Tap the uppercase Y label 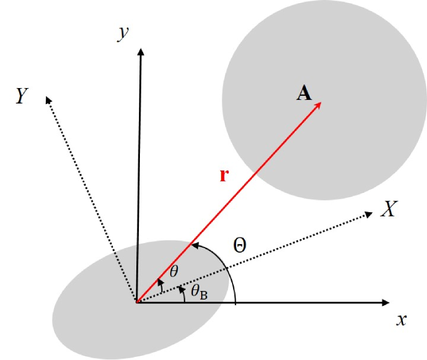[21, 96]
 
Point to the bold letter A [305, 93]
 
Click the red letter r [223, 176]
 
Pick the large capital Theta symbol [239, 245]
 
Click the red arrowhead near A [318, 104]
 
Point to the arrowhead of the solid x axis [385, 302]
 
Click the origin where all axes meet [137, 301]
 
